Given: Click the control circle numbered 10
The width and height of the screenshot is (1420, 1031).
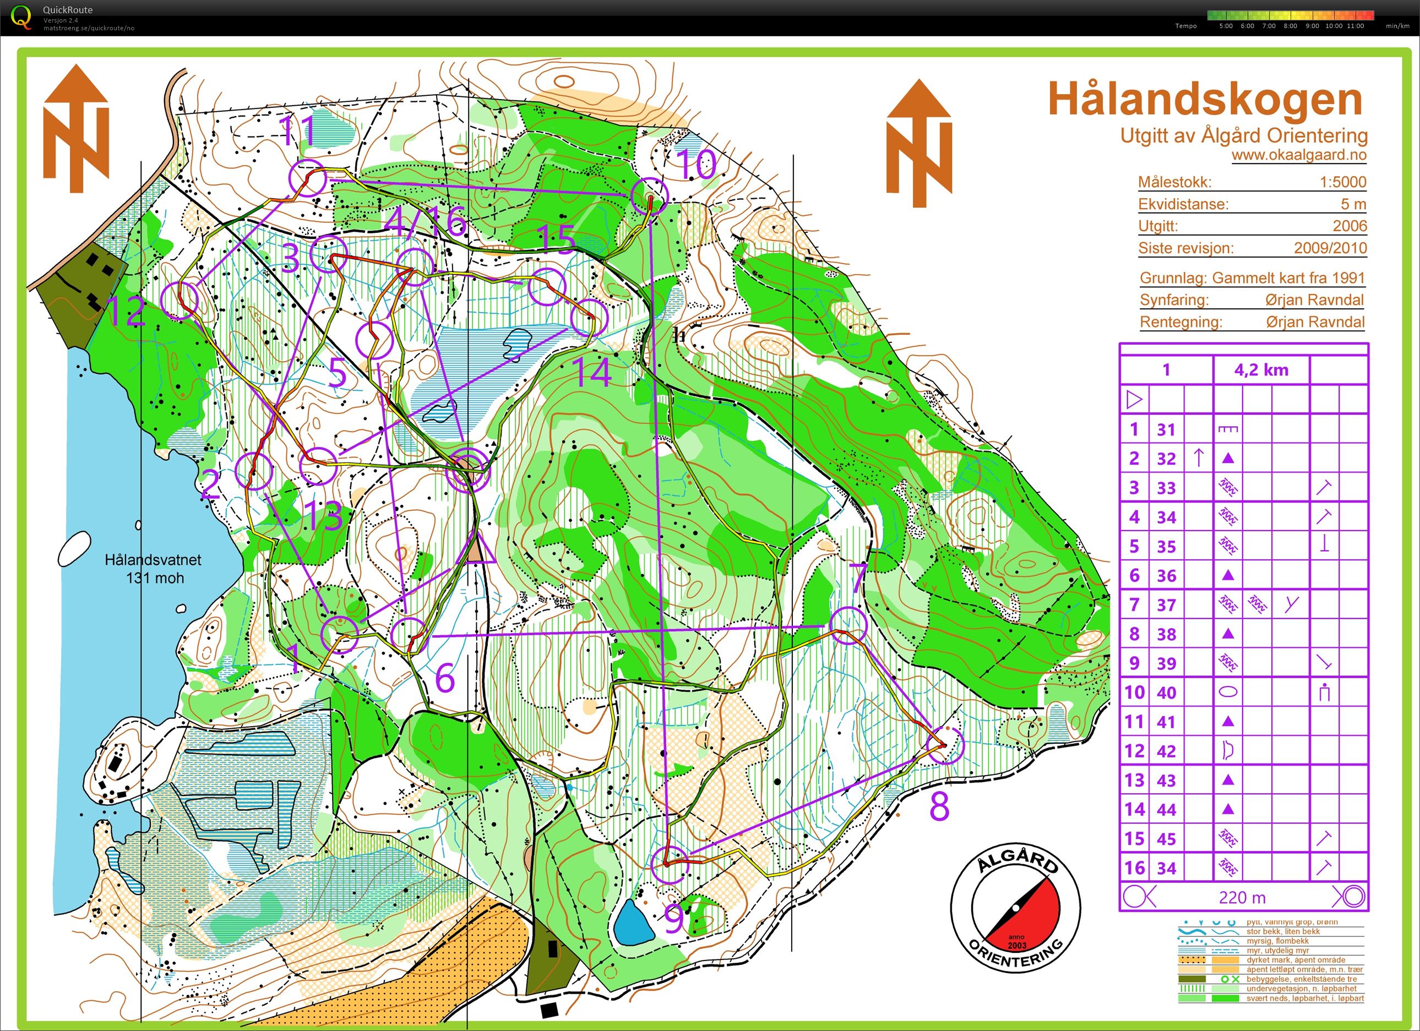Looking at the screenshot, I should pos(649,196).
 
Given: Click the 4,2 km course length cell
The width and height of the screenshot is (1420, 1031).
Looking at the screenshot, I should pos(1261,370).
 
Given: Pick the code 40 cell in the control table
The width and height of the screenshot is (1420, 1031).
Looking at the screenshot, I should pos(1166,692).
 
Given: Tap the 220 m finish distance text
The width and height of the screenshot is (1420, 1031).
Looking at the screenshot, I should pos(1242,898).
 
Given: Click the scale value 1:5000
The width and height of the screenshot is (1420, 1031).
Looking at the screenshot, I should pos(1342,182).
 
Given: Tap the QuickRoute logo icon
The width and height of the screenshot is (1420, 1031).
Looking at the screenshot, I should pos(21,17).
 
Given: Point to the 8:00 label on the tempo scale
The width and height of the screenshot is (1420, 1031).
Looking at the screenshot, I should pos(1290,26).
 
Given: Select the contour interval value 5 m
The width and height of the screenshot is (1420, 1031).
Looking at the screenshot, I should pos(1352,204).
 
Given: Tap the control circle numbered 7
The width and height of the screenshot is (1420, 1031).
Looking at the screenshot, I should pos(848,625).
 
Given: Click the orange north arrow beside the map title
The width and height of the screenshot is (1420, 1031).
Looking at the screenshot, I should pos(918,144).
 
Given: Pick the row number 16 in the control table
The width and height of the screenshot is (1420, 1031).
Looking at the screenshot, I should pos(1134,868).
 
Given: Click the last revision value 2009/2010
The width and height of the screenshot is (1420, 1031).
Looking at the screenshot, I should pos(1330,248).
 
